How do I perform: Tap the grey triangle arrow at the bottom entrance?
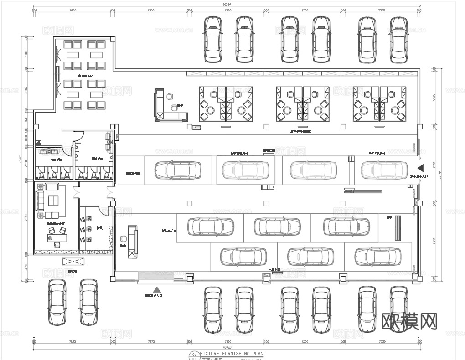tap(157, 289)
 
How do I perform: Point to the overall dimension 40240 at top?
tap(227, 5)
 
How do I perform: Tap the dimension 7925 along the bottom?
tap(72, 341)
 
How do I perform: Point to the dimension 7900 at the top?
tap(72, 10)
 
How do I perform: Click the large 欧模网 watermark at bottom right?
tap(408, 321)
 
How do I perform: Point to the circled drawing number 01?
tap(195, 354)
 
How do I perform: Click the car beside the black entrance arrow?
tap(383, 170)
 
